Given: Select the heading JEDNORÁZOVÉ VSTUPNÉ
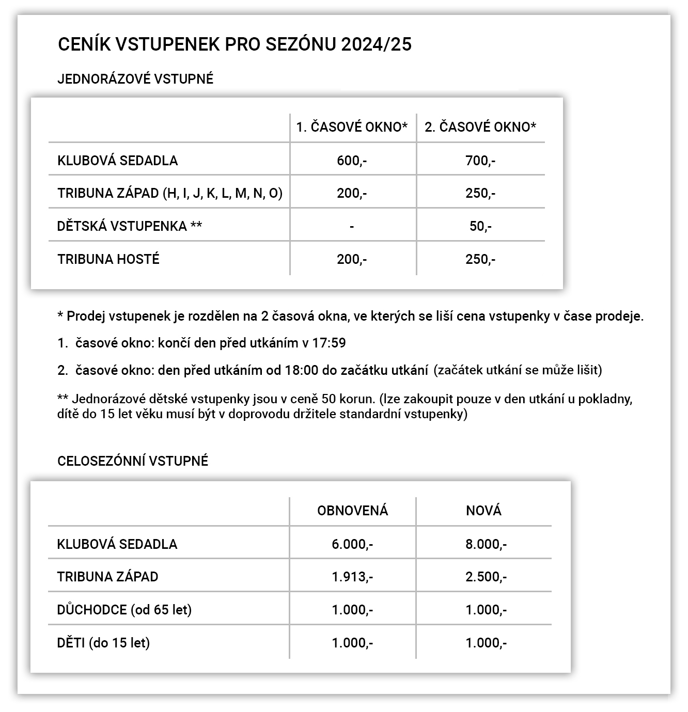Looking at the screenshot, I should [x=135, y=79].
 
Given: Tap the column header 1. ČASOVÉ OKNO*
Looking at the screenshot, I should [x=352, y=127].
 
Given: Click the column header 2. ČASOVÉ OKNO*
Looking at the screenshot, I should [x=480, y=127].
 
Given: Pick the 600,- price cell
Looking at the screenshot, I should [x=352, y=161].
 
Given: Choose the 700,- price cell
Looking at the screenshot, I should [x=480, y=161].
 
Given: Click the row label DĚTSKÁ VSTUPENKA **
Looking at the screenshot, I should [x=130, y=226].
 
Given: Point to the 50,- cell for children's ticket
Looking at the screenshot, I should [x=480, y=226].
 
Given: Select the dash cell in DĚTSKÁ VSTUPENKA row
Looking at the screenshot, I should [x=352, y=226].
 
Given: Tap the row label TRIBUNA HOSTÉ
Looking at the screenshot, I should [x=108, y=259].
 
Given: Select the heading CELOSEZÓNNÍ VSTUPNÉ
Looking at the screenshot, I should [x=133, y=461].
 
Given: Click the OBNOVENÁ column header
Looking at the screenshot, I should [x=352, y=511].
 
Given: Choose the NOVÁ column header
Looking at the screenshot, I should [x=483, y=511].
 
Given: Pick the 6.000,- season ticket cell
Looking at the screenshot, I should [x=352, y=544].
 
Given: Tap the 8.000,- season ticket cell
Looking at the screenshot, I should [x=486, y=544].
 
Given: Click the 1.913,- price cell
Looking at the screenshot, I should [x=352, y=577].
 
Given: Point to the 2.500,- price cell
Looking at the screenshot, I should [x=486, y=577].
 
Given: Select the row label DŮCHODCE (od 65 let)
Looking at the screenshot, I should [x=124, y=610].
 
